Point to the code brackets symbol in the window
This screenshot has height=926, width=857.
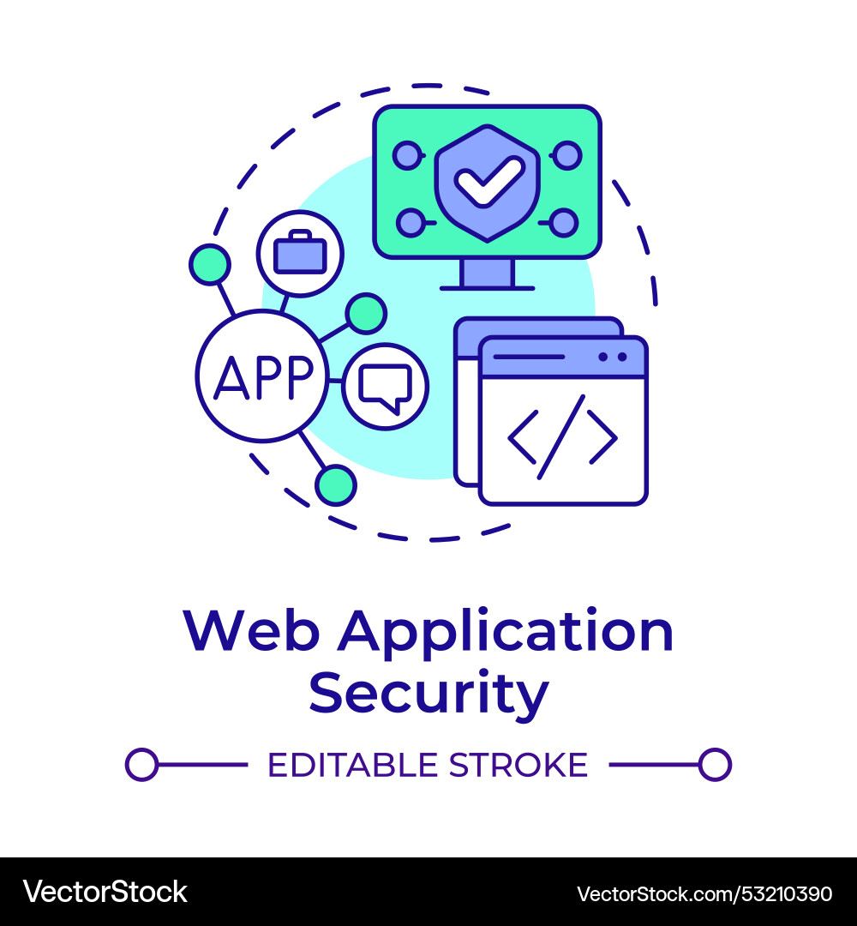(562, 437)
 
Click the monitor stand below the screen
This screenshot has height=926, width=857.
(488, 274)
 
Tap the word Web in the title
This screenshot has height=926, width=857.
(252, 631)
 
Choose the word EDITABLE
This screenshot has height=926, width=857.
(353, 765)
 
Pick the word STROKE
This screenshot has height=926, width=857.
(518, 765)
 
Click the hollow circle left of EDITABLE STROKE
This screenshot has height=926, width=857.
(141, 765)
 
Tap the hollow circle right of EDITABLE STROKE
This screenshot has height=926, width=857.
(716, 765)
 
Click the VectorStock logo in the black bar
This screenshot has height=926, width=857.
(105, 892)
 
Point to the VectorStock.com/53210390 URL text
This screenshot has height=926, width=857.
(704, 894)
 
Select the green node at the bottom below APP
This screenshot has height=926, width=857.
(336, 484)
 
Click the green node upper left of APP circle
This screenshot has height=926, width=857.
(209, 264)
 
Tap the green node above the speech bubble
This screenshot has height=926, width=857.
(366, 314)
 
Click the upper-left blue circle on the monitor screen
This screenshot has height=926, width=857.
(407, 156)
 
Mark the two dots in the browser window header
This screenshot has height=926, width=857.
(613, 357)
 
